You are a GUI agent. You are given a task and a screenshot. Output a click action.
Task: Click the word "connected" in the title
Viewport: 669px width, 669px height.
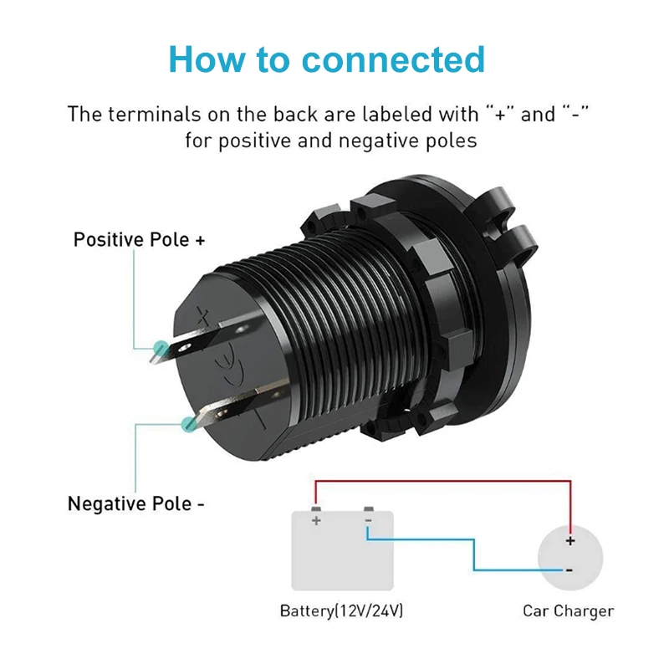393,59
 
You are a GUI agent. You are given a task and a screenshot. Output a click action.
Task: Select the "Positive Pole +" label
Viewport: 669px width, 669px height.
139,240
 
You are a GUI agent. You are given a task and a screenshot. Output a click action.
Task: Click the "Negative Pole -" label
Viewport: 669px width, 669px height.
136,504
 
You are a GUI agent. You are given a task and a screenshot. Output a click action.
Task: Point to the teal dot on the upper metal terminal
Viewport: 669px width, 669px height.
158,346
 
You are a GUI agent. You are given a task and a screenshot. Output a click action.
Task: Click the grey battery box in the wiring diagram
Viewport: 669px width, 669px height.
342,556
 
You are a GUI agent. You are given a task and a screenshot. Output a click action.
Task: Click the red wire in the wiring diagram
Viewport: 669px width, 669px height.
443,482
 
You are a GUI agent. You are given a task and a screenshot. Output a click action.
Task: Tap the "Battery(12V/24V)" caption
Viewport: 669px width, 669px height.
341,611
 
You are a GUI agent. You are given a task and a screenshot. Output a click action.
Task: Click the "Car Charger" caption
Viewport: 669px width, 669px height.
568,611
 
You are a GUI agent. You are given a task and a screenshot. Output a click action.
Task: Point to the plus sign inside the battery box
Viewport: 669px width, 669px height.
316,521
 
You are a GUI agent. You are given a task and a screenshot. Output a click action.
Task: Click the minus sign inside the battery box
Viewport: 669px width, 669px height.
367,520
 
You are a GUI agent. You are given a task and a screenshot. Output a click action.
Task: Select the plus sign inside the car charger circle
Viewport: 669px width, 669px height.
570,541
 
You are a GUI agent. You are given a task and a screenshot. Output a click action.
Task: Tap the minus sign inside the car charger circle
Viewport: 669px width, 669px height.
569,570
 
